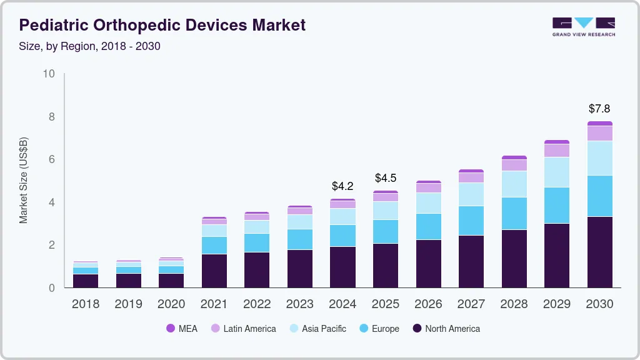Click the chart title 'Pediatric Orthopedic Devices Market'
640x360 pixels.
(x=162, y=25)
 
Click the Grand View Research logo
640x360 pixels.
(x=583, y=26)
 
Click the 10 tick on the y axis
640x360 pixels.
(x=49, y=74)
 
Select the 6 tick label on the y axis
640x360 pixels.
(x=52, y=159)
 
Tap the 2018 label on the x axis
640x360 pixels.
(x=85, y=304)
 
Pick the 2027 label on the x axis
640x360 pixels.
(x=471, y=304)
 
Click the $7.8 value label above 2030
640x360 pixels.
(x=599, y=108)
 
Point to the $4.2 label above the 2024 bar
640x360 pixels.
(x=342, y=186)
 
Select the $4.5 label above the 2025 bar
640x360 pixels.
(x=386, y=178)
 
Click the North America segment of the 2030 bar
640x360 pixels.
(x=599, y=252)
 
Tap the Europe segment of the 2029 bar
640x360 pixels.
(x=556, y=205)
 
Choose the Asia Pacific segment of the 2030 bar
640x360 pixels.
(x=599, y=158)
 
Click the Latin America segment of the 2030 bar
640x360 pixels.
(x=599, y=133)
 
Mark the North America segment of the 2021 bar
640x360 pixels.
(x=214, y=271)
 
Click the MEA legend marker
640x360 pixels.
(x=171, y=329)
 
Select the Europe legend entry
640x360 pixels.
(x=379, y=329)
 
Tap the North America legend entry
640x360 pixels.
(x=446, y=329)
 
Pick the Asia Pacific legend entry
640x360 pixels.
(x=317, y=329)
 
